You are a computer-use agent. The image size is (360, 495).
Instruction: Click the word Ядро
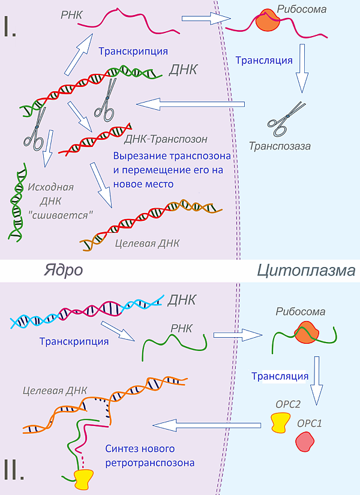click(x=63, y=270)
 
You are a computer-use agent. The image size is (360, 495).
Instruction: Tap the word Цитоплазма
click(x=305, y=271)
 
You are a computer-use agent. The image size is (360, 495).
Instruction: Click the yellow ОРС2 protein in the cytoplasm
click(x=280, y=422)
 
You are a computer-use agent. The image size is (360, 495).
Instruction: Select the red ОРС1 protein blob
click(x=304, y=443)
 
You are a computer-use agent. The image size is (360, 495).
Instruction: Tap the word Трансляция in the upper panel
click(x=264, y=60)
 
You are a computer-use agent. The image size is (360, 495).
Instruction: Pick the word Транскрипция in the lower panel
click(x=74, y=341)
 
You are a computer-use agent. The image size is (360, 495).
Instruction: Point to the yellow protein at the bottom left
click(x=85, y=478)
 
